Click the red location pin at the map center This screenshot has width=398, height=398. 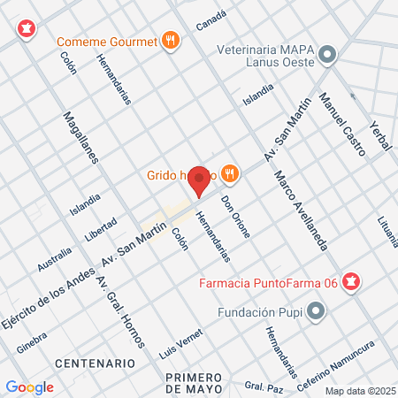[200, 180]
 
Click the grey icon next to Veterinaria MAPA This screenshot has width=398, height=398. [328, 56]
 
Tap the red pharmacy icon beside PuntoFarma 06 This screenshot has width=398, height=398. [352, 283]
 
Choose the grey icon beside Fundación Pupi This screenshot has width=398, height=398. [318, 311]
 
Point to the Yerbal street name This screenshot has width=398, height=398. [381, 135]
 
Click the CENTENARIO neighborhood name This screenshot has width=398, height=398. [95, 364]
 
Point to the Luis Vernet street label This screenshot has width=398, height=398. [182, 344]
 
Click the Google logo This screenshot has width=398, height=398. [29, 387]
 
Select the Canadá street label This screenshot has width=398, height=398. [211, 21]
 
